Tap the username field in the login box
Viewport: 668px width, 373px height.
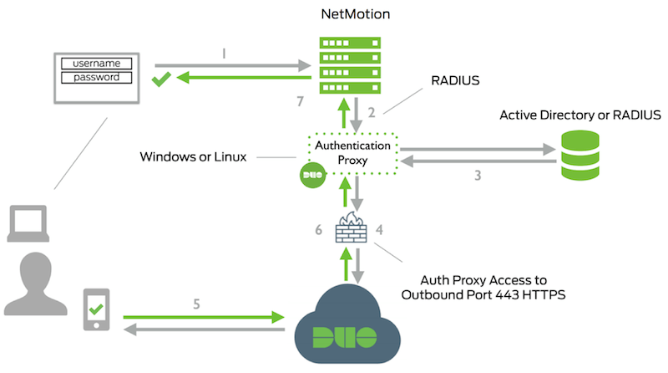click(x=102, y=63)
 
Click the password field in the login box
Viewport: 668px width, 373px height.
click(x=102, y=77)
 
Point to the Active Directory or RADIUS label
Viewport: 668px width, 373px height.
click(x=580, y=115)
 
